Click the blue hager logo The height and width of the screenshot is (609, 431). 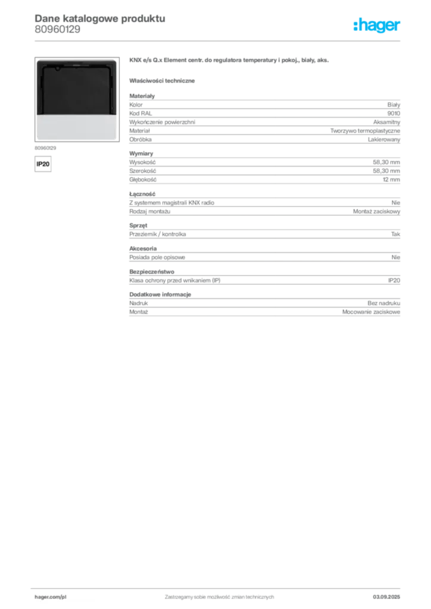(377, 26)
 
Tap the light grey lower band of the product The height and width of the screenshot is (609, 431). (76, 127)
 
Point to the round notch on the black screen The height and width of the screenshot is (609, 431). (57, 68)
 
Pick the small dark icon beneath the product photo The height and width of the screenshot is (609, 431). (42, 162)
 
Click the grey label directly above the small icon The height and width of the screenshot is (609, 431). (45, 146)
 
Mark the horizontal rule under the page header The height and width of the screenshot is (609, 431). (238, 40)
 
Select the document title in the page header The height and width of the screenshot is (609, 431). (98, 18)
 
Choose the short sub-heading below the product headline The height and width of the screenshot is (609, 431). (164, 80)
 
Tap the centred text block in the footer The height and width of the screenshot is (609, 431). (219, 595)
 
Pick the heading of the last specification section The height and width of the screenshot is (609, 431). (161, 293)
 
